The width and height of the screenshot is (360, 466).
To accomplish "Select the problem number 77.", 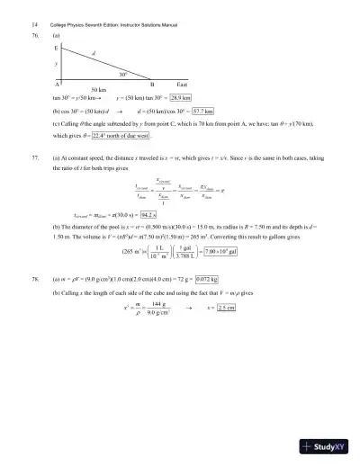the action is (x=34, y=157).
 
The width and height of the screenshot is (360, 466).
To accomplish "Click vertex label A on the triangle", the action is (x=57, y=83).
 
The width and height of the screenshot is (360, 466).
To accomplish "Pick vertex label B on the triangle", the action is (x=151, y=83).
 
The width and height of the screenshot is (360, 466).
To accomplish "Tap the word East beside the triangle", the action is (x=181, y=83).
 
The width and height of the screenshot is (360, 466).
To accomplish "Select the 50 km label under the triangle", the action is (x=75, y=90).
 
